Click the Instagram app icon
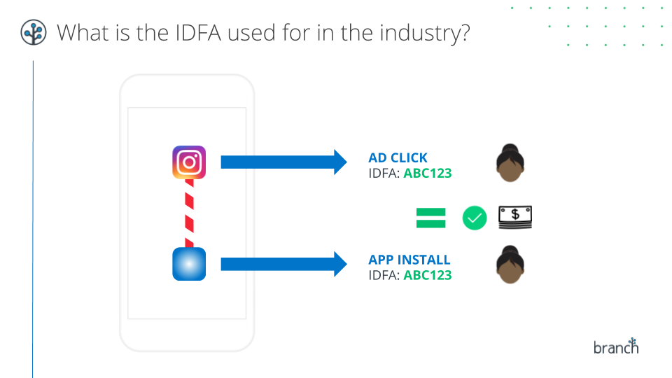[189, 162]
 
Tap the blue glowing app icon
[189, 264]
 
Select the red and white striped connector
[189, 213]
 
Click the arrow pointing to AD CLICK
[283, 162]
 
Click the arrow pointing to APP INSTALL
[283, 264]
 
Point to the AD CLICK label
[398, 157]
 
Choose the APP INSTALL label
[409, 260]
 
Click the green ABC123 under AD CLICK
[428, 172]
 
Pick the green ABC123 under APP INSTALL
[428, 275]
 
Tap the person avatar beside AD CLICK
[511, 163]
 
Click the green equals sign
[431, 218]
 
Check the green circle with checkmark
[475, 218]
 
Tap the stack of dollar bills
[514, 218]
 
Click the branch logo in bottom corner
[616, 346]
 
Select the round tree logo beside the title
[33, 32]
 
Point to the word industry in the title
[414, 32]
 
